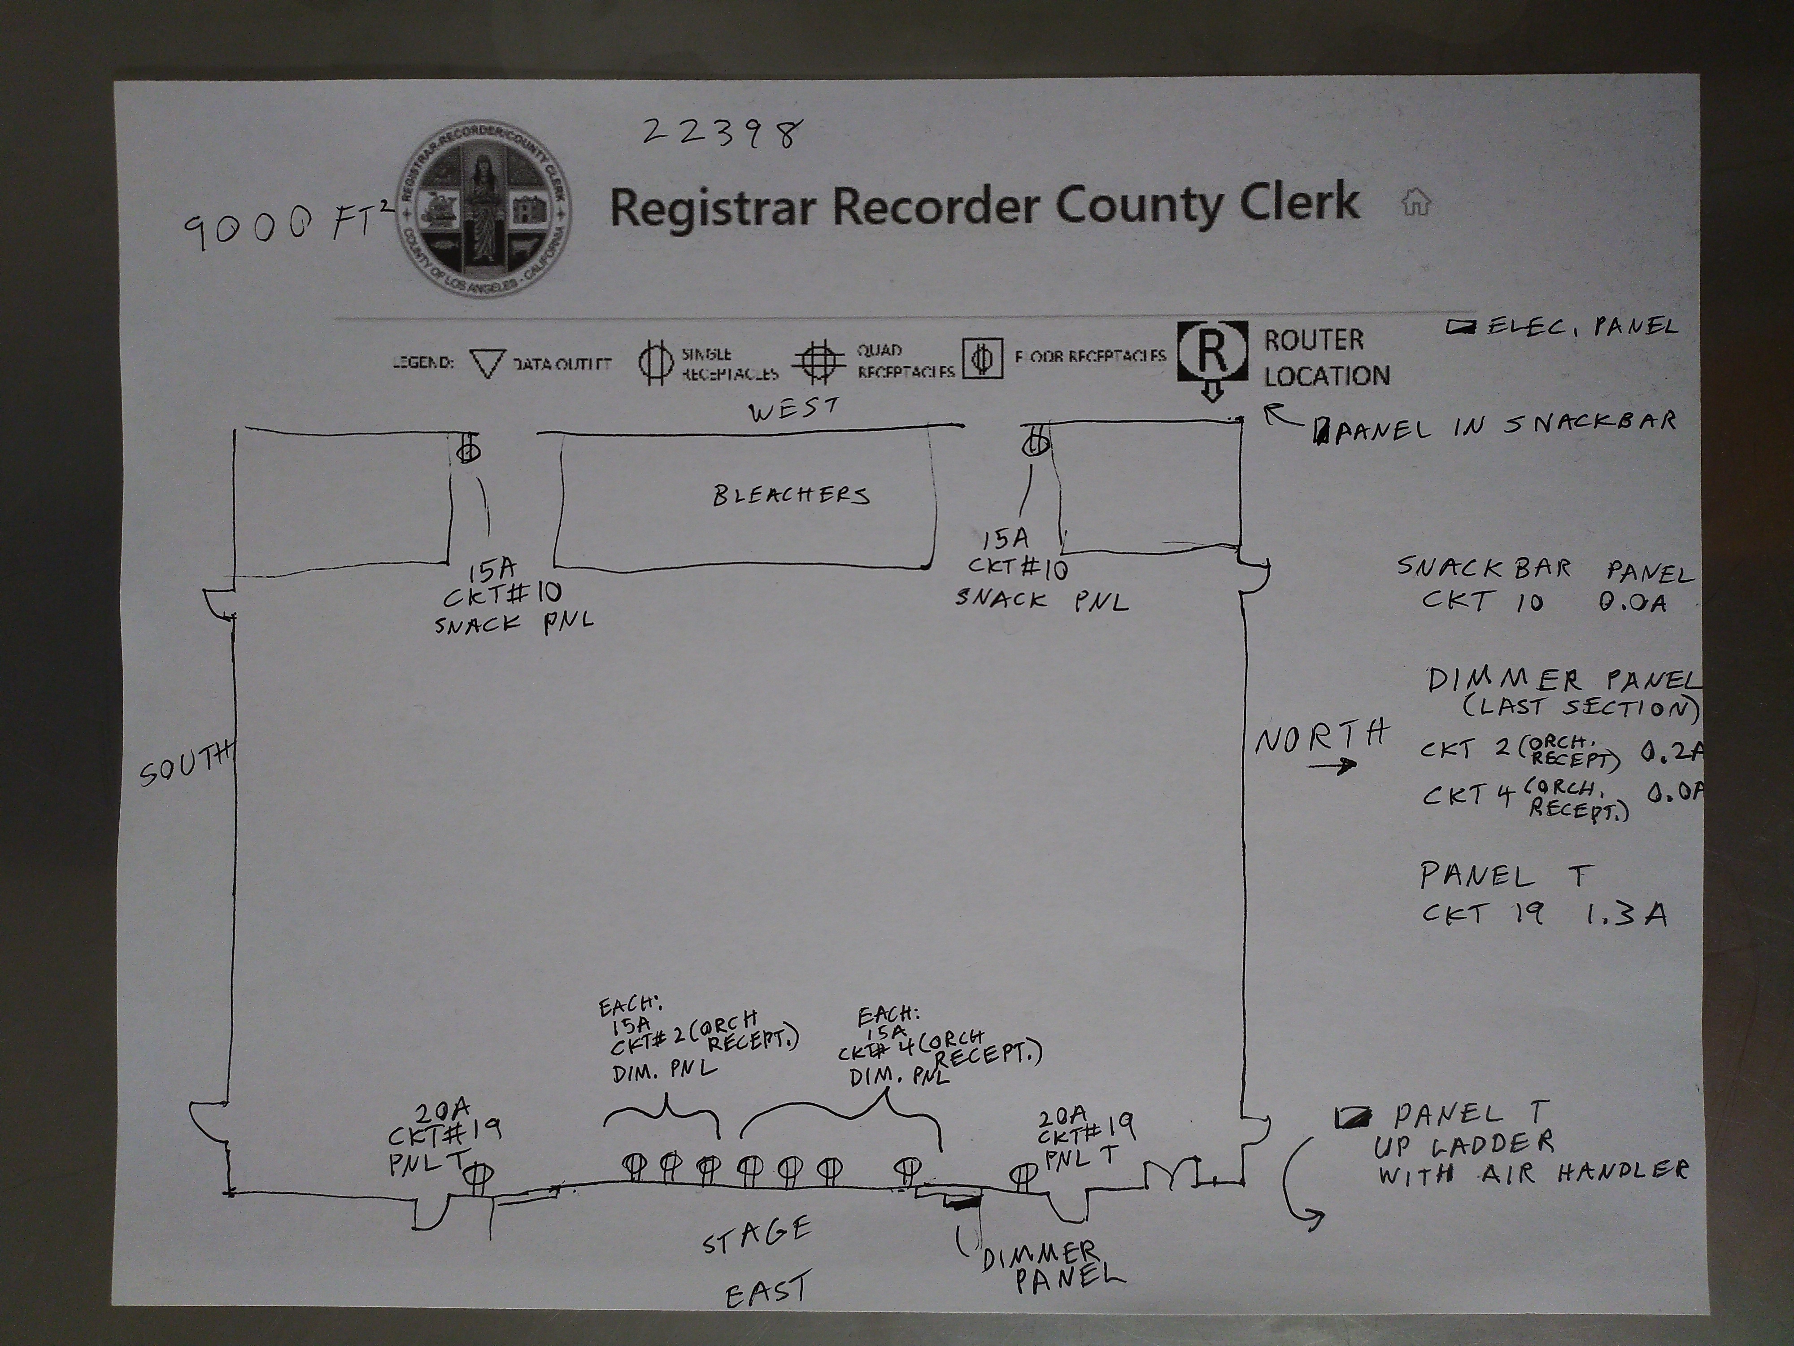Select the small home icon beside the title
click(x=1415, y=201)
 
